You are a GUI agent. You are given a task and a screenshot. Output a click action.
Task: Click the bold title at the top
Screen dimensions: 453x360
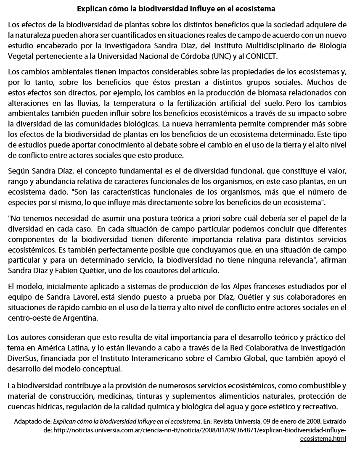click(x=176, y=8)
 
